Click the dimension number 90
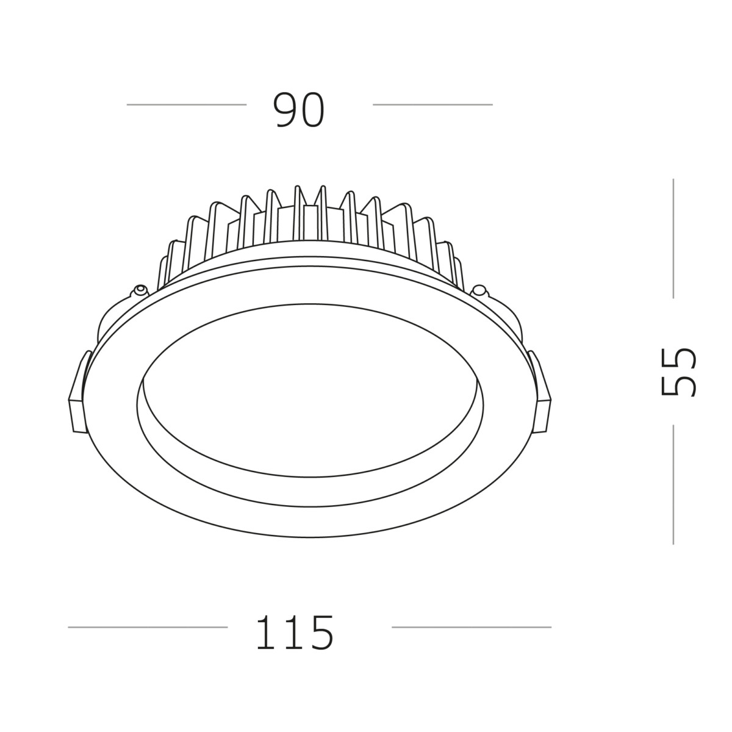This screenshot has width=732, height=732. click(298, 110)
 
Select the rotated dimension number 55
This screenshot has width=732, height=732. click(678, 372)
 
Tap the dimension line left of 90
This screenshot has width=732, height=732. click(186, 104)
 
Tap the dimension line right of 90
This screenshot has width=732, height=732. click(432, 104)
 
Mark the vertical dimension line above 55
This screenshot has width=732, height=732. click(673, 238)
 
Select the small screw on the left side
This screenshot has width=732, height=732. click(140, 290)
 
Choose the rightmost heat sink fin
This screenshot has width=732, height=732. click(457, 268)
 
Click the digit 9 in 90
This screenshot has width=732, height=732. click(285, 110)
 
